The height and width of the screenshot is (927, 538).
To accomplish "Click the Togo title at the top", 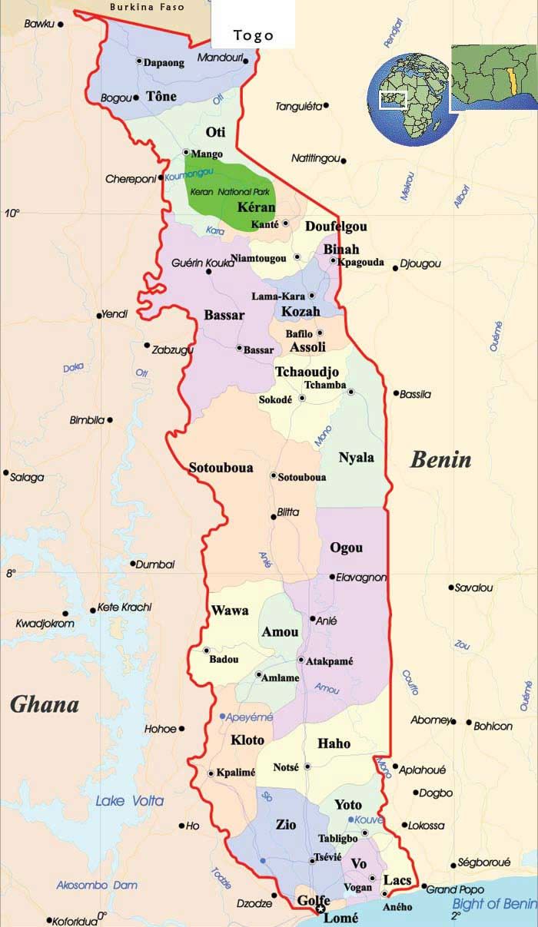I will [253, 35].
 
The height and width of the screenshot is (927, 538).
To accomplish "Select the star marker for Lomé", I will [320, 910].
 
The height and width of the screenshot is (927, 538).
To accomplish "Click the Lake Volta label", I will [129, 801].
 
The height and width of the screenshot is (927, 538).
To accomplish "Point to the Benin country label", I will [440, 460].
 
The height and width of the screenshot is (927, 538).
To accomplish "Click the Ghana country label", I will [45, 704].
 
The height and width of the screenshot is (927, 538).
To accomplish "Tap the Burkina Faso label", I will [147, 7].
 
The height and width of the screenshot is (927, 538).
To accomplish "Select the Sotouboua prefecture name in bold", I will [221, 467].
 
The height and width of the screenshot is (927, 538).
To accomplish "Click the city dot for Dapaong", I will [139, 61].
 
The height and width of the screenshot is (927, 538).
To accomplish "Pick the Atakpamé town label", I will [330, 660].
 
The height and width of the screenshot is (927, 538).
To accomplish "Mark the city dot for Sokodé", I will [302, 399].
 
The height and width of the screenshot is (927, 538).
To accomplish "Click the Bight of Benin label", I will [494, 903].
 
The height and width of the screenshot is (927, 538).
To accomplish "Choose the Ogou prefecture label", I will [346, 548].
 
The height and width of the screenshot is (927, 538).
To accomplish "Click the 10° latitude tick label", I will [12, 213].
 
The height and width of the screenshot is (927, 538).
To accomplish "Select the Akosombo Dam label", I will [97, 885].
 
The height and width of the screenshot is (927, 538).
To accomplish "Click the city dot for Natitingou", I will [344, 161].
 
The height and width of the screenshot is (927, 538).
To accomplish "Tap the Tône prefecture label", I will [161, 97].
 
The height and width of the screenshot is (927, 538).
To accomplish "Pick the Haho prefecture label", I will [334, 743].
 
